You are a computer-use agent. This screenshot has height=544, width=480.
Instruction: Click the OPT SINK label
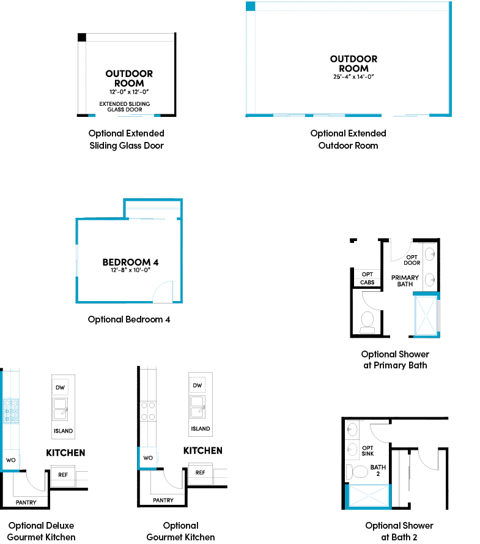(x=368, y=451)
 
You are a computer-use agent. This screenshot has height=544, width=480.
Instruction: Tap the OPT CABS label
(x=367, y=278)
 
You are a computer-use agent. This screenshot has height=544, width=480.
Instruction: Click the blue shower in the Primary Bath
(x=426, y=315)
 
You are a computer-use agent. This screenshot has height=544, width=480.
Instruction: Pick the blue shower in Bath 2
(x=369, y=496)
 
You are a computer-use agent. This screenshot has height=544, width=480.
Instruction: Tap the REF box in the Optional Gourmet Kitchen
(x=200, y=472)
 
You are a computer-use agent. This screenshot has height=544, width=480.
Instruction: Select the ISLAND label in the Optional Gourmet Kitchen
(x=200, y=429)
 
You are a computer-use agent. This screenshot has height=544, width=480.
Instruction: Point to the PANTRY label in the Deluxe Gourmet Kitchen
(x=26, y=502)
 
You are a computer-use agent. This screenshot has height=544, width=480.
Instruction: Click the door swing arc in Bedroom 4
(x=163, y=291)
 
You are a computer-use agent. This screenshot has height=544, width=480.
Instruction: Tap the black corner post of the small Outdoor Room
(x=82, y=37)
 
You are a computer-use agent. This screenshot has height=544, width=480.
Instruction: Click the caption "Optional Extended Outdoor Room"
(x=348, y=140)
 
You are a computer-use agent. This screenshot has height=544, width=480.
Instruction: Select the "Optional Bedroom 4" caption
(x=129, y=319)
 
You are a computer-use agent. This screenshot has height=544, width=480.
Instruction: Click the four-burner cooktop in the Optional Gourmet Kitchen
(x=147, y=411)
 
